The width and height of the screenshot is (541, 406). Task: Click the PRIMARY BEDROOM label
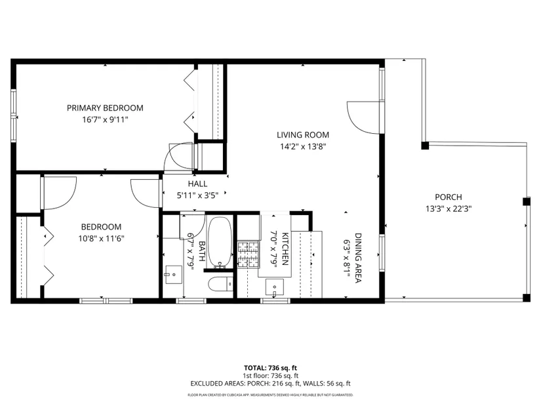point(105,108)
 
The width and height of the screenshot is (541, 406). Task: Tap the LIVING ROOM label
point(303,135)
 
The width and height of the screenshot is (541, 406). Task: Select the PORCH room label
point(448,197)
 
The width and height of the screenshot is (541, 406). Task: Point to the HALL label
point(197,184)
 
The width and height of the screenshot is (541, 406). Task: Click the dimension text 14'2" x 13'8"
point(303,147)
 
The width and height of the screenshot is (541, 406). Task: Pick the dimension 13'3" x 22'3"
point(448,209)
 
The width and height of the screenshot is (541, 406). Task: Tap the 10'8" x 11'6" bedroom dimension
point(101,239)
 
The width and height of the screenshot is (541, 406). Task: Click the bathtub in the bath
point(220,242)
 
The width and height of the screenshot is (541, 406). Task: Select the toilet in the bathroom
point(221,284)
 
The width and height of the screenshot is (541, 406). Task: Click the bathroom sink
point(174,274)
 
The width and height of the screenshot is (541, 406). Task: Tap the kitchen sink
point(275,287)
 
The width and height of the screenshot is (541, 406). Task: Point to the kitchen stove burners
point(248,254)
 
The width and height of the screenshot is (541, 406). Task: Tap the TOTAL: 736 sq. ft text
point(270,368)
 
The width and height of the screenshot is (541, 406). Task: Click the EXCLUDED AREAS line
point(270,384)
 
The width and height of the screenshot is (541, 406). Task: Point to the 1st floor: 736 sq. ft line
point(270,376)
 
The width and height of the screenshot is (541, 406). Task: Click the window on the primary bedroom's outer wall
point(14,115)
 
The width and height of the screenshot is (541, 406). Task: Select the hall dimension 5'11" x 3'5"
point(197,195)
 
